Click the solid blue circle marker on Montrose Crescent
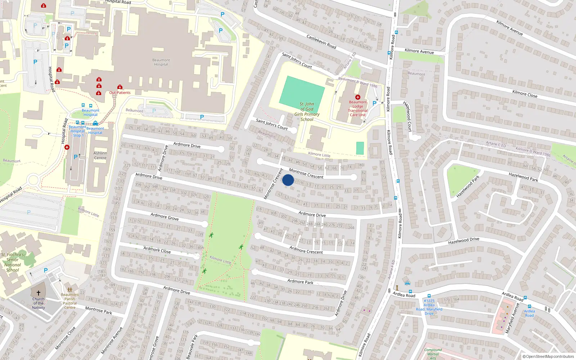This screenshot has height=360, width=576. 288,180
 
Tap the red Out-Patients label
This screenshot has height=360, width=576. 120,93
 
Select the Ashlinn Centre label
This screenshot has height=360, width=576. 100,156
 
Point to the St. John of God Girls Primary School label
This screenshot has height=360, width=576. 307,112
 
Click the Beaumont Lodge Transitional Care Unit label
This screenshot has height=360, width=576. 357,108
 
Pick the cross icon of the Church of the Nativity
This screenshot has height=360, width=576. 39,293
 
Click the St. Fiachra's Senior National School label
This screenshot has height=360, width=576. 12,262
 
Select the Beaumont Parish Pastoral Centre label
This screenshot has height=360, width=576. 70,301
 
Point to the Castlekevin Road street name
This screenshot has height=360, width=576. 321,42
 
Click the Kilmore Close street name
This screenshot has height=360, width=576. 525,94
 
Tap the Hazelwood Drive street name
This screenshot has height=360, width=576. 464,240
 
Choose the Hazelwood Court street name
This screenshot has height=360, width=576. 408,116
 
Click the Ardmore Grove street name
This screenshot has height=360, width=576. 165,216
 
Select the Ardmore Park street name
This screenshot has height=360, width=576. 300,282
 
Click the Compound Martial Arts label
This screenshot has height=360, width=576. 433,354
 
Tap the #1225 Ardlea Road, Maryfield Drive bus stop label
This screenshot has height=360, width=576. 429,307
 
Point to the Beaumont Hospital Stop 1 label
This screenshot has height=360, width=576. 77,131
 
